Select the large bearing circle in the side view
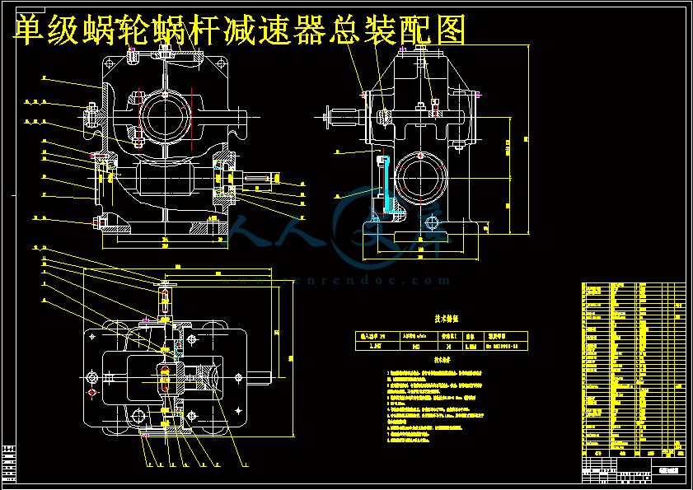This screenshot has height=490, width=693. click(421, 180)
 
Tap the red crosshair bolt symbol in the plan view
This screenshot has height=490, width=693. click(92, 393)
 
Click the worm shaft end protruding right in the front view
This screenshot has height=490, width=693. click(263, 178)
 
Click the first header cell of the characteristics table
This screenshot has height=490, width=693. click(374, 336)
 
